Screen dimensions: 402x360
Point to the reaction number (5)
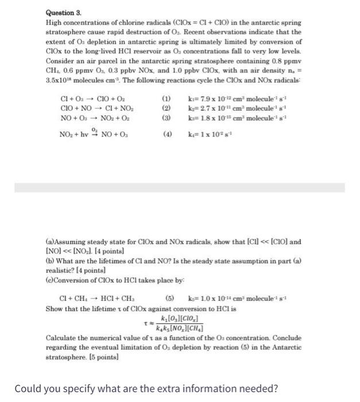tap(169, 298)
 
